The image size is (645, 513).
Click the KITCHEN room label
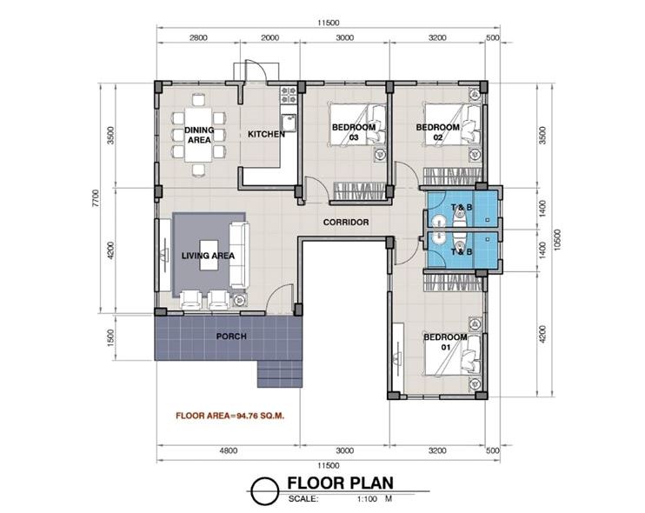pyautogui.click(x=266, y=134)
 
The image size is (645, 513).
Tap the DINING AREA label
pyautogui.click(x=199, y=135)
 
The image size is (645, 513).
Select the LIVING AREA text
pyautogui.click(x=208, y=256)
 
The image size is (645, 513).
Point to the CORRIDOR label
pyautogui.click(x=346, y=222)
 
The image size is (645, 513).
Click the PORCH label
pyautogui.click(x=231, y=336)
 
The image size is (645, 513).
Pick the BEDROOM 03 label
pyautogui.click(x=354, y=132)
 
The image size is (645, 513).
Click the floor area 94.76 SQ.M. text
pyautogui.click(x=230, y=416)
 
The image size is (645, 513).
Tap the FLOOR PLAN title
pyautogui.click(x=340, y=483)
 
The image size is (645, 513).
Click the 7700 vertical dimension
pyautogui.click(x=96, y=197)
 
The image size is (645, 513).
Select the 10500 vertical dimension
pyautogui.click(x=557, y=239)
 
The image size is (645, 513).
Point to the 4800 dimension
pyautogui.click(x=229, y=450)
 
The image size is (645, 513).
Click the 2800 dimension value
pyautogui.click(x=198, y=38)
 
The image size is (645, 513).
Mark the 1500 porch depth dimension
pyautogui.click(x=110, y=337)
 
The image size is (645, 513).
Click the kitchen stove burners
pyautogui.click(x=289, y=95)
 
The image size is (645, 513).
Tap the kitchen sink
pyautogui.click(x=289, y=123)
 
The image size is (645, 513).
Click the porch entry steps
pyautogui.click(x=281, y=374)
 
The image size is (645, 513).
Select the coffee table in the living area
pyautogui.click(x=209, y=255)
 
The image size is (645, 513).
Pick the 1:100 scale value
pyautogui.click(x=368, y=499)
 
